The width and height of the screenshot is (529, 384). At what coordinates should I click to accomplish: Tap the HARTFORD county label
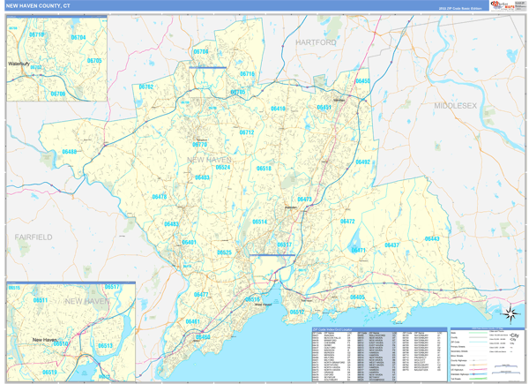click(316, 42)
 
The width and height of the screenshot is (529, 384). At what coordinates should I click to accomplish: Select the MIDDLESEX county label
click(455, 105)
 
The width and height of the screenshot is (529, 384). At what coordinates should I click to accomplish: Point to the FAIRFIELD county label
click(34, 237)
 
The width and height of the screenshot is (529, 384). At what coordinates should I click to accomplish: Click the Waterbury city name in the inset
click(19, 64)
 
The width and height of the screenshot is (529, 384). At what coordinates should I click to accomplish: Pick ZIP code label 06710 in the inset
click(36, 34)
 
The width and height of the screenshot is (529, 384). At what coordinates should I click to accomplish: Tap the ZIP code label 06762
click(145, 87)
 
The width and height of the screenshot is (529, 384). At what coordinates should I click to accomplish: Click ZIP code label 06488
click(70, 152)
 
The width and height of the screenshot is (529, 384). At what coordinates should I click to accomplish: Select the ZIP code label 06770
click(200, 145)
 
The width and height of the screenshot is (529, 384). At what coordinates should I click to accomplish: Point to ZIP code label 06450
click(362, 81)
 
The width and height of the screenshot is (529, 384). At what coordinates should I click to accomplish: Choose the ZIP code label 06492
click(362, 162)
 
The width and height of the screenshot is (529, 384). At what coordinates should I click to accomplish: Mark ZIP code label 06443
click(432, 238)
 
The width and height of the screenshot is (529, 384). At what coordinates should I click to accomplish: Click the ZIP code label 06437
click(392, 245)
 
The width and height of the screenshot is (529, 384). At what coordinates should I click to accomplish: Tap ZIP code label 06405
click(357, 297)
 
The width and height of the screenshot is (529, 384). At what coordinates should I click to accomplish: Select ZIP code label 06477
click(201, 295)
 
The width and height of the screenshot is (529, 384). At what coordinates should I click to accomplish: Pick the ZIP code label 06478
click(159, 197)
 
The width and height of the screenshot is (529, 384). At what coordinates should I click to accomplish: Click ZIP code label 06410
click(278, 109)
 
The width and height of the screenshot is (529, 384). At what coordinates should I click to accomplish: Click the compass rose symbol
click(510, 311)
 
